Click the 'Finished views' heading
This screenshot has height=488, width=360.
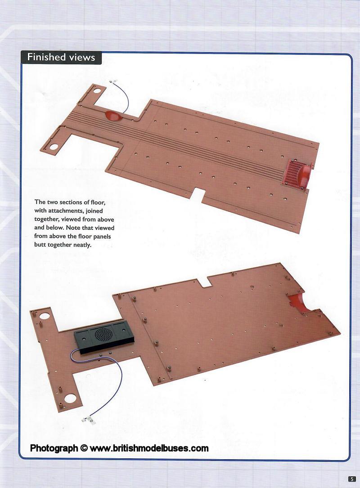click(61, 57)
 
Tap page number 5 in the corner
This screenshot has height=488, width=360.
click(352, 479)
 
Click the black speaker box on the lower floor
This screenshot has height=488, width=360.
click(104, 337)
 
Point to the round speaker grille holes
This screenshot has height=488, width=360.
click(103, 334)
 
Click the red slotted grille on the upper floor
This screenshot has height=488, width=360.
click(293, 172)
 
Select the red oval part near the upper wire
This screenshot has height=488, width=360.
click(114, 116)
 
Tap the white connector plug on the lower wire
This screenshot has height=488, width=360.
click(88, 419)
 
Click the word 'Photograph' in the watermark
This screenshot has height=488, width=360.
click(54, 448)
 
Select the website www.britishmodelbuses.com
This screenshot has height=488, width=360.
click(149, 448)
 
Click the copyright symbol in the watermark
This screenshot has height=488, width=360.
click(84, 448)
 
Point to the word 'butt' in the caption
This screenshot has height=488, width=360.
click(39, 245)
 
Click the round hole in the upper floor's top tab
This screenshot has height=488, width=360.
click(97, 91)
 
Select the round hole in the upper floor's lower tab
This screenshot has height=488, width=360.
click(54, 146)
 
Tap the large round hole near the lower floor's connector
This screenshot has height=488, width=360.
click(70, 398)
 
